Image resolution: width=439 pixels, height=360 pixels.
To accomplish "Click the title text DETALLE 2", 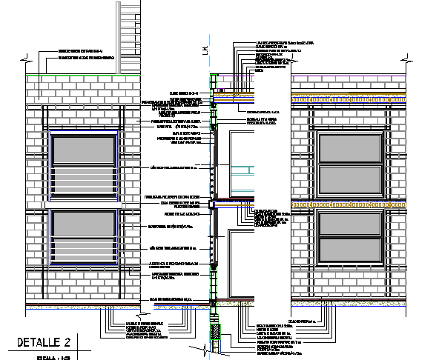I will tap(44, 342).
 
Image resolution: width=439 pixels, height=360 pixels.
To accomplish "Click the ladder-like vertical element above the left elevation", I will tap(130, 37).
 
